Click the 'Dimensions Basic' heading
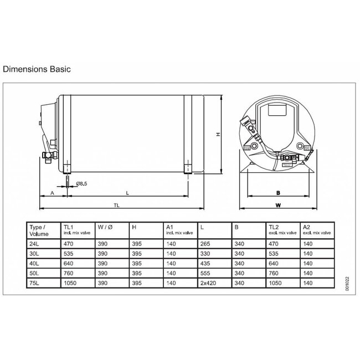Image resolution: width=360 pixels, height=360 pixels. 36,70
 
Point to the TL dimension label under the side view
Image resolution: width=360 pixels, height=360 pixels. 116,205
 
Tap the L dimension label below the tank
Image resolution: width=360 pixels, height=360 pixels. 128,193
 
